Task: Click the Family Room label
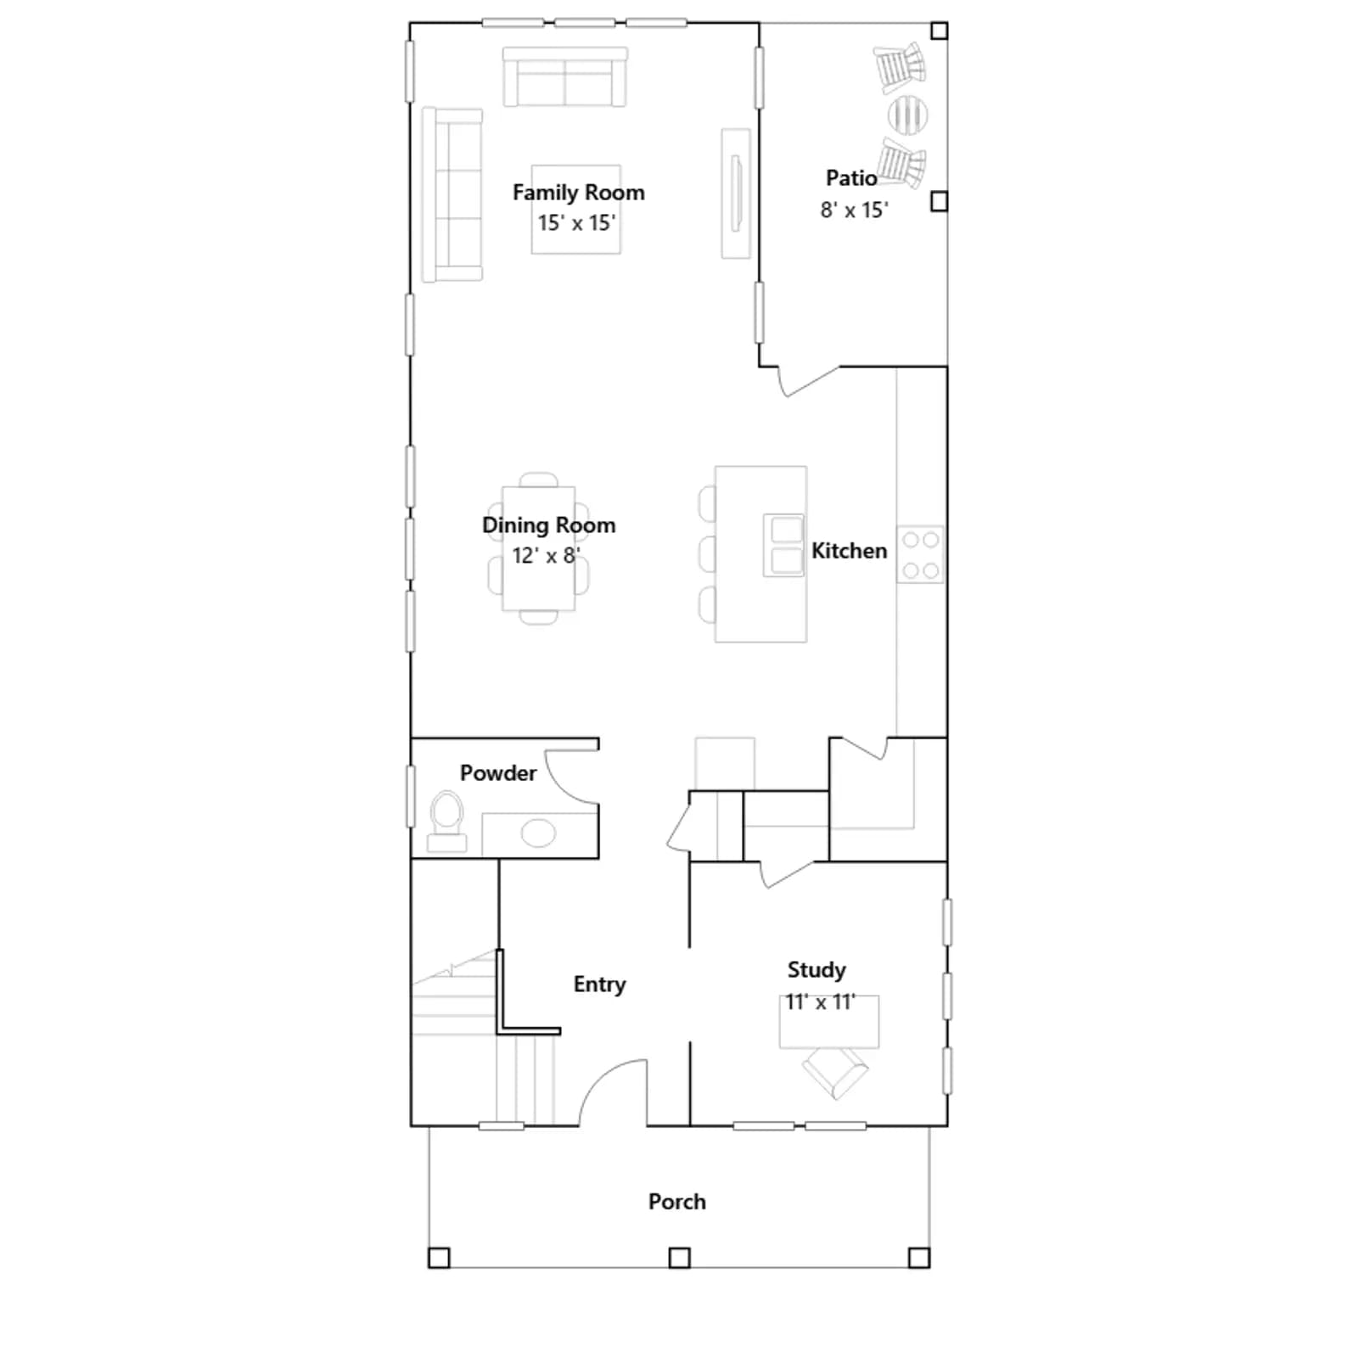(578, 193)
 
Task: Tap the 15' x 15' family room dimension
(576, 223)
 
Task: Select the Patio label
(851, 178)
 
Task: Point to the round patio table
(907, 115)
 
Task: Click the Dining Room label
(548, 525)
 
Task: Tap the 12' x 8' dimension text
(546, 556)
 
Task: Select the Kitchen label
(849, 551)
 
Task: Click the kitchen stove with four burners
(920, 554)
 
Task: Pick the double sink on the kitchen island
(783, 545)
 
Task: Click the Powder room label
(498, 773)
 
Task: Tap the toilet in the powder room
(446, 821)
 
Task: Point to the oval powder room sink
(538, 833)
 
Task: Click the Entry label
(599, 985)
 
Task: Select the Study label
(816, 969)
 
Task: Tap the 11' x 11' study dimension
(820, 1002)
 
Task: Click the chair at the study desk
(835, 1073)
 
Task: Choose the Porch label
(676, 1202)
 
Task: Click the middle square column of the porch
(679, 1257)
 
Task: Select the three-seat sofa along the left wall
(452, 194)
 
